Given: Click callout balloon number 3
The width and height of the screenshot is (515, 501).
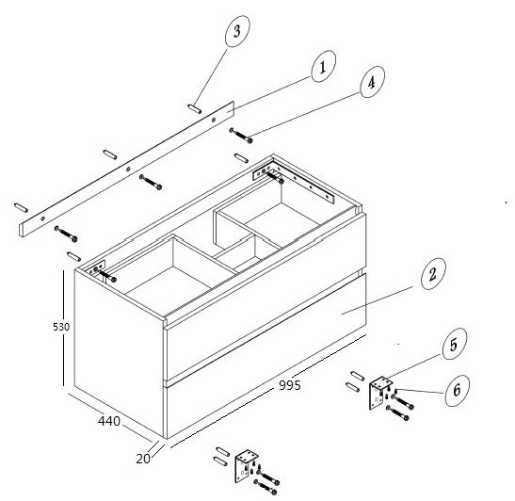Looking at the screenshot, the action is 237,31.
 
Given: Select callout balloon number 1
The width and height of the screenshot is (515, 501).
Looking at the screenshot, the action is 323,66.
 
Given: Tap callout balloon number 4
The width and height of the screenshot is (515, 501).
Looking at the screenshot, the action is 372,82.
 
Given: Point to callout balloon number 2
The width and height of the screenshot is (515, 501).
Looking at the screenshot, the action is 433,274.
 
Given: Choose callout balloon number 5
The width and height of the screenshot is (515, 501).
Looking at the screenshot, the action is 455,344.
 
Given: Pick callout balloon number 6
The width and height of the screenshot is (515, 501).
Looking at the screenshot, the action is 458,391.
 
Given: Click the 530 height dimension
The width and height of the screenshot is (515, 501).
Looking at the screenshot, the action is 61,327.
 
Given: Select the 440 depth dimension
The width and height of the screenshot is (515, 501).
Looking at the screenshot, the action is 109,421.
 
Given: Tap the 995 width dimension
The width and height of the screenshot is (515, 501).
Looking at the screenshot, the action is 290,385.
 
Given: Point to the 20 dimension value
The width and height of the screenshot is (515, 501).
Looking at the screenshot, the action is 143,459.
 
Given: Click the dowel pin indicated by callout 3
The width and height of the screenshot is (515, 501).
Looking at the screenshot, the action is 195,108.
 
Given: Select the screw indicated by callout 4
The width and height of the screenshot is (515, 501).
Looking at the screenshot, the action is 241,136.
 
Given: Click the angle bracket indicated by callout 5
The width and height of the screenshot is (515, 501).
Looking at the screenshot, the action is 380,393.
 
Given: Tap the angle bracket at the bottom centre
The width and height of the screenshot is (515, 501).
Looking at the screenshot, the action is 247,466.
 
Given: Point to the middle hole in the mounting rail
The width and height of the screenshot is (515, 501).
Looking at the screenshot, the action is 128,170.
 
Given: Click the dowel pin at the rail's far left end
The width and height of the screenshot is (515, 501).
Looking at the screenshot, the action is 21,207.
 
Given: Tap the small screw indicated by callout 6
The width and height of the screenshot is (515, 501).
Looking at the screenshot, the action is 396,390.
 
